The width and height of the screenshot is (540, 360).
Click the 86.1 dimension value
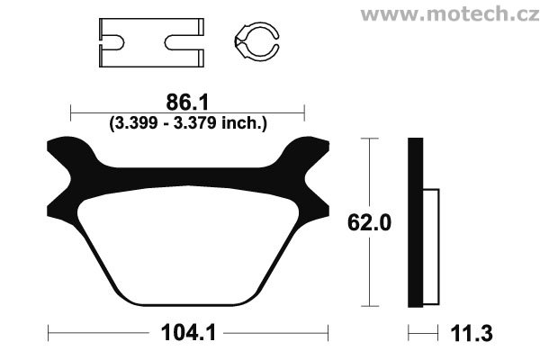[x=187, y=103]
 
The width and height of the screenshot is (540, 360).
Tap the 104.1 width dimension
[x=188, y=333]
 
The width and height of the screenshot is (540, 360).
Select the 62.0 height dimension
[x=369, y=222]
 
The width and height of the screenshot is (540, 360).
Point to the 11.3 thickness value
[x=471, y=333]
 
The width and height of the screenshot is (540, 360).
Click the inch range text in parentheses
[x=188, y=123]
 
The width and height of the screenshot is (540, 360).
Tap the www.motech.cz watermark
[x=450, y=14]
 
